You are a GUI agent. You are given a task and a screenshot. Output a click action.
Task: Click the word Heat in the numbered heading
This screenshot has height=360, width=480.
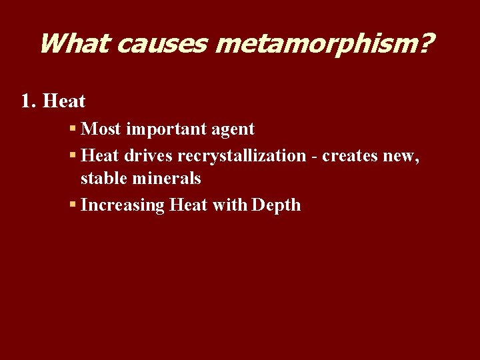click(x=64, y=101)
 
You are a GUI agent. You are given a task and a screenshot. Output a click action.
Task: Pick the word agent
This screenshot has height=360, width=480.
click(x=233, y=129)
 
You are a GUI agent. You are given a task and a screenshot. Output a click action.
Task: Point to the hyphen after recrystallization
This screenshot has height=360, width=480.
click(x=313, y=156)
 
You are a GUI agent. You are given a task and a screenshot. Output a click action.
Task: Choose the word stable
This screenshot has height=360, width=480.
click(x=103, y=179)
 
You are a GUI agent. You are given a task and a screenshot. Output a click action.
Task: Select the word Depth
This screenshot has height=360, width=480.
click(x=276, y=205)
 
